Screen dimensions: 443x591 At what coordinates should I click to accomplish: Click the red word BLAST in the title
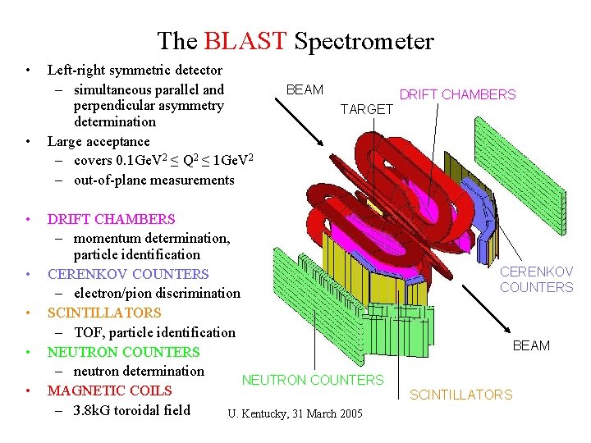(x=245, y=40)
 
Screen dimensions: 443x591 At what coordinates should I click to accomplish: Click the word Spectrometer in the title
(x=364, y=41)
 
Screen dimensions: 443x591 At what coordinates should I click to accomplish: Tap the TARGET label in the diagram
(x=367, y=109)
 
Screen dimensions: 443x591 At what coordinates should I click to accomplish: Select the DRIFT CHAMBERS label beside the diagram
(x=457, y=94)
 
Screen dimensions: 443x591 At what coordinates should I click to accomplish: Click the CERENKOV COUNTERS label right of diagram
(x=537, y=279)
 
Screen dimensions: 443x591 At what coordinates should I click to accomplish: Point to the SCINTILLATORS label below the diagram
(x=460, y=395)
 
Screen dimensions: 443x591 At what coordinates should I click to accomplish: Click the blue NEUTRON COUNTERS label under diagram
(x=312, y=380)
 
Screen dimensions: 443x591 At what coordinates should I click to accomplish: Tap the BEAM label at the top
(x=305, y=89)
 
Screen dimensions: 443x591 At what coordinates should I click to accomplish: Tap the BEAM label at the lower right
(x=531, y=345)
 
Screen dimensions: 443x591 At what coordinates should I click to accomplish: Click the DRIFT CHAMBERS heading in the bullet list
(x=111, y=219)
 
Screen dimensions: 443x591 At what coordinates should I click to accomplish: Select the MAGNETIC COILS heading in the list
(x=109, y=390)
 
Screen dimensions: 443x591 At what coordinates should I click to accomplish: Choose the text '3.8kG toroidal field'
(x=131, y=410)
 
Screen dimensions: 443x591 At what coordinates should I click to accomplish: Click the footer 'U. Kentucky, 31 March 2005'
(x=294, y=413)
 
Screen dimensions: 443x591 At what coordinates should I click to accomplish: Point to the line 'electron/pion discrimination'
(x=157, y=293)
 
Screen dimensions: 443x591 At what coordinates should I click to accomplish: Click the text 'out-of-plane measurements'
(x=153, y=180)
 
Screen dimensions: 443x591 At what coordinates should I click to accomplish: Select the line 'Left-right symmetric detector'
(x=135, y=71)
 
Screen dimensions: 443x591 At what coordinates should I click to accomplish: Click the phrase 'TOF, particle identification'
(x=154, y=332)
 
